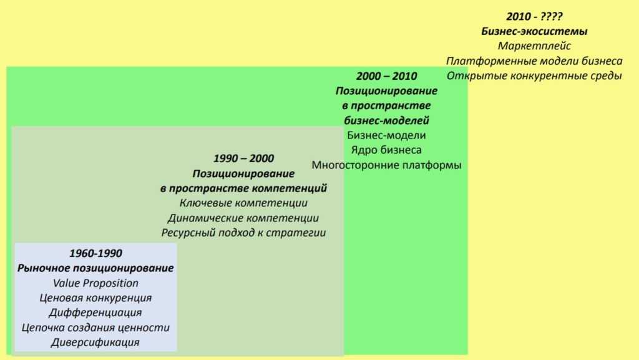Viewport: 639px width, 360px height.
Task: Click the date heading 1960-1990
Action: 95,253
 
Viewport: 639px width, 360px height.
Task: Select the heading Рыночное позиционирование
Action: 95,268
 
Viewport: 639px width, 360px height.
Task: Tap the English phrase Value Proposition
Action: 95,283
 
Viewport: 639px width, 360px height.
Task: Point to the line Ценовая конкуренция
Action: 95,298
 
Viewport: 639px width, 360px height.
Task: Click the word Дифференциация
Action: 95,313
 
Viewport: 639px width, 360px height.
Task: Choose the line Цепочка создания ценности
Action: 95,328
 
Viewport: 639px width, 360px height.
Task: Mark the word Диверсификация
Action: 95,342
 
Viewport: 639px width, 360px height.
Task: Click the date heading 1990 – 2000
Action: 244,158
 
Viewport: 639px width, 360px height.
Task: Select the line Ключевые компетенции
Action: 244,203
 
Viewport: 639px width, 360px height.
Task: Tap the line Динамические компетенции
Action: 244,218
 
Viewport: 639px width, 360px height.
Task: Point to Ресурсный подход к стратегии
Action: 244,233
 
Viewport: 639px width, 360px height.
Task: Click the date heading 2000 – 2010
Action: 387,75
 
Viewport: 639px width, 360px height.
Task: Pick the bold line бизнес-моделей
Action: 387,120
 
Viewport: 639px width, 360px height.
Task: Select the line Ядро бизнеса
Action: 386,150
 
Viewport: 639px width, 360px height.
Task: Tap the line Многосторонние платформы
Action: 386,165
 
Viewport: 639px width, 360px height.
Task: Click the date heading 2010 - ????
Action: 534,16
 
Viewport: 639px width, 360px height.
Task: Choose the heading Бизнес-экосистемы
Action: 534,31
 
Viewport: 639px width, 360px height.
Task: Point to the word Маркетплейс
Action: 534,46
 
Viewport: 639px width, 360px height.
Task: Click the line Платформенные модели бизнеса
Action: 534,61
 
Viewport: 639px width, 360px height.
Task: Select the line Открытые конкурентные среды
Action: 534,75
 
